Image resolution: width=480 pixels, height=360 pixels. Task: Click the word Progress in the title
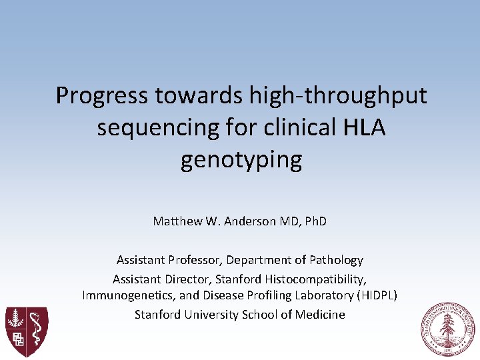102,96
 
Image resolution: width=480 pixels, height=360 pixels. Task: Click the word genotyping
241,161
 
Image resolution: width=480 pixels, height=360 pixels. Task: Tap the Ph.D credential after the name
313,221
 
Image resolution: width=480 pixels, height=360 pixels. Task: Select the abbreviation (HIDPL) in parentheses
377,295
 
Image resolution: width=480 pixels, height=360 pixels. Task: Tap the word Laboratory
323,295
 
